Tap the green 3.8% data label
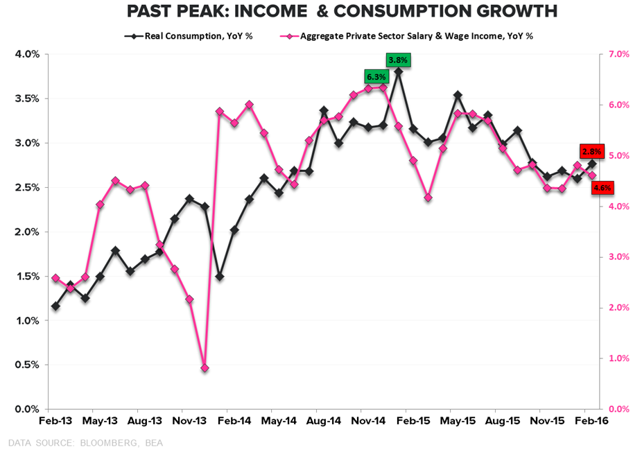pos(399,60)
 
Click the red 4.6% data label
pos(602,187)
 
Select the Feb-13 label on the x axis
pos(55,421)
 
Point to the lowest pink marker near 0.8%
pos(205,368)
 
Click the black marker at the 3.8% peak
pos(398,71)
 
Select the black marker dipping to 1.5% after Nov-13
pos(219,277)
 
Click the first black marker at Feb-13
pos(55,306)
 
